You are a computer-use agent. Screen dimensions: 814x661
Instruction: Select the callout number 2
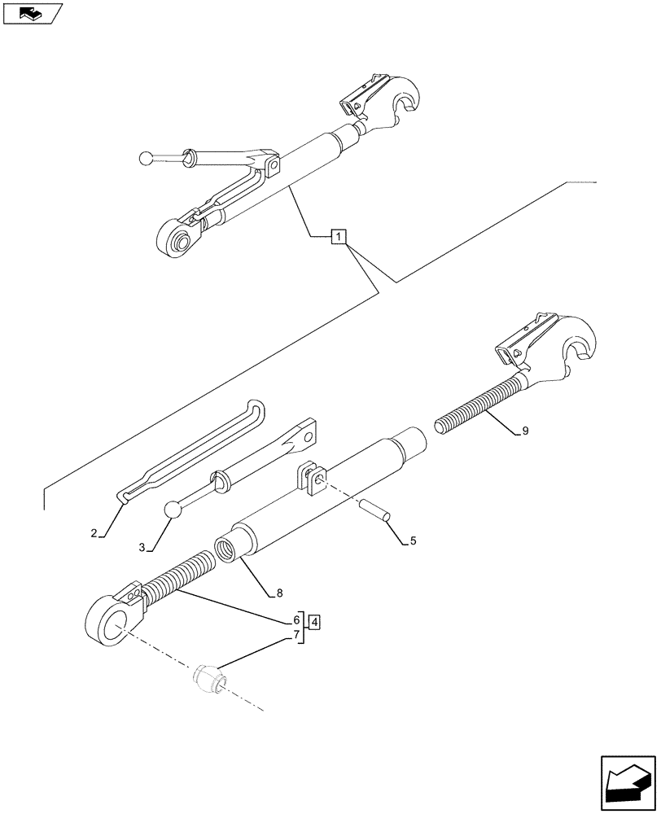(x=94, y=533)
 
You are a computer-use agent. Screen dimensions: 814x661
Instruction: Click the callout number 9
(x=525, y=431)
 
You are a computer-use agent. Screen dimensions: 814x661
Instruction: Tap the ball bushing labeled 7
(x=208, y=677)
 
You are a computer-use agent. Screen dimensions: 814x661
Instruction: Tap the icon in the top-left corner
(x=32, y=13)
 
